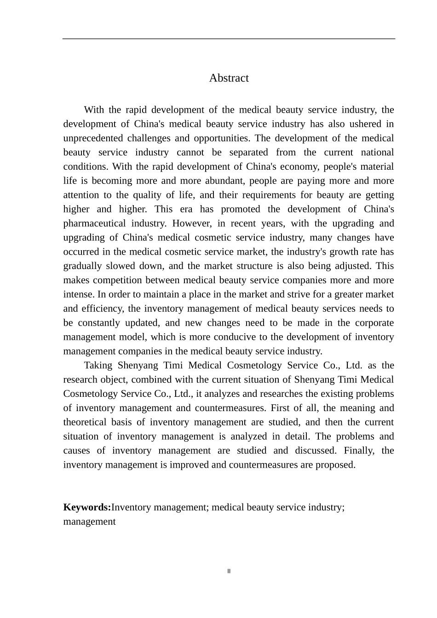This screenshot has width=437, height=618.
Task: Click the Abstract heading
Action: point(229,78)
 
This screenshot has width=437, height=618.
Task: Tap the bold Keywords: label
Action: point(87,507)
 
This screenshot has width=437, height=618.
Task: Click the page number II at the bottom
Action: point(229,572)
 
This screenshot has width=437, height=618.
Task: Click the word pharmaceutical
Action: point(94,223)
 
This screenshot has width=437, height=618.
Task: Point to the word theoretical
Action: point(85,422)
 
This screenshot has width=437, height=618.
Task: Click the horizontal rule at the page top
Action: point(229,39)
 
